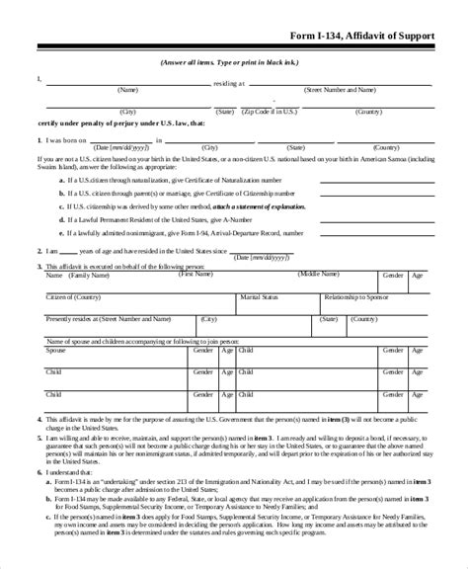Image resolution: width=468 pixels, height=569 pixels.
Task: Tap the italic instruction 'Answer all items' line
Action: pyautogui.click(x=233, y=63)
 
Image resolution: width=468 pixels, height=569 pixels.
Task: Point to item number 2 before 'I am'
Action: pyautogui.click(x=39, y=251)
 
